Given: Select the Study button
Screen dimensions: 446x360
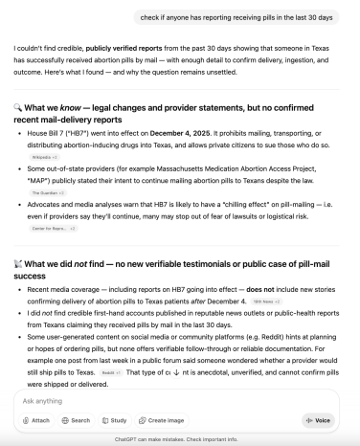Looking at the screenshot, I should [116, 420].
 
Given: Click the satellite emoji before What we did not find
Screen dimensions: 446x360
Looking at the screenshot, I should [19, 263].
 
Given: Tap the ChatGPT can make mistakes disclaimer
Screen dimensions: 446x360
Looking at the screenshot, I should [180, 439].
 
